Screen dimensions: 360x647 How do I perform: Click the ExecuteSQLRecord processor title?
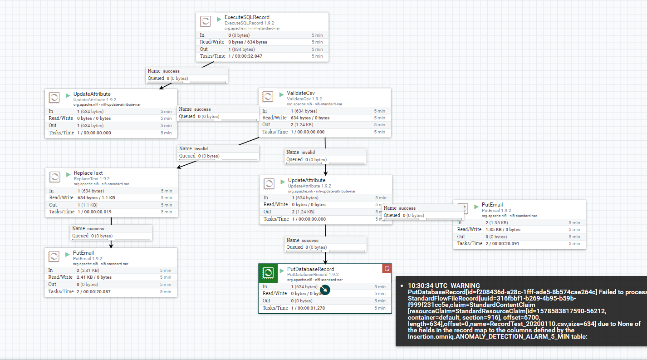coord(247,17)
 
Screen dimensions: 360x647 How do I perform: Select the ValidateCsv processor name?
coord(300,93)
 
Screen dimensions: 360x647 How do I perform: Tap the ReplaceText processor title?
coord(88,173)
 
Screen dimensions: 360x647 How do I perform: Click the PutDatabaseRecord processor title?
coord(310,269)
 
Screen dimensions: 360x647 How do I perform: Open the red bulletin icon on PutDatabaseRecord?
coord(387,269)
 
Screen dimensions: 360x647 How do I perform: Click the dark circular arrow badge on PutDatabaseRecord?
coord(325,290)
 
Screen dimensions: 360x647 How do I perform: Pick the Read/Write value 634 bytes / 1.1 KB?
coord(96,198)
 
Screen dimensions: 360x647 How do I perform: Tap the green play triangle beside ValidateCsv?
coord(282,94)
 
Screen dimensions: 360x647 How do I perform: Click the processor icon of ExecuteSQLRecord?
coord(206,21)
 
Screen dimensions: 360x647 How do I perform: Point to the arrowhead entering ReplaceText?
coord(178,167)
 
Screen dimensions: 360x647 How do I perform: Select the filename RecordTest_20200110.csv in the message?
coord(541,324)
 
